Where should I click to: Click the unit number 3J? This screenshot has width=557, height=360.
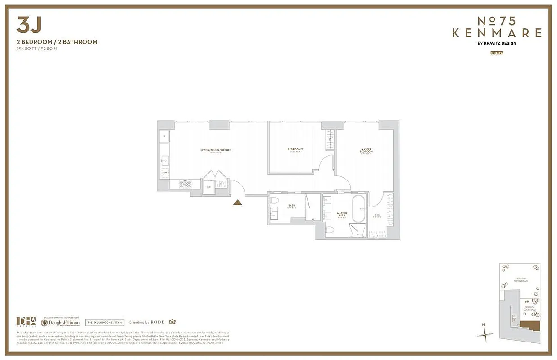[x=28, y=26]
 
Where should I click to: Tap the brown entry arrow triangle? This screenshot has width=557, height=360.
[x=238, y=202]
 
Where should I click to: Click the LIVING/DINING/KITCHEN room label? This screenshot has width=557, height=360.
[x=216, y=150]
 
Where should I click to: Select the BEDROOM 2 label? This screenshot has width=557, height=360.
[x=295, y=149]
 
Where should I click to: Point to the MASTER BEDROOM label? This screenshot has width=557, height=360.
[x=366, y=151]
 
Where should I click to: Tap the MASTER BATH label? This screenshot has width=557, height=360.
[x=342, y=215]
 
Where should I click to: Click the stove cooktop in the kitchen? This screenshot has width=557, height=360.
[x=185, y=183]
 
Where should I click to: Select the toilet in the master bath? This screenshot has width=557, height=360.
[x=330, y=230]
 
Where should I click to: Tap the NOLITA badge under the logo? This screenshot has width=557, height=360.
[x=497, y=53]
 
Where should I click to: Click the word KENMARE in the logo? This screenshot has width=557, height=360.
[x=497, y=33]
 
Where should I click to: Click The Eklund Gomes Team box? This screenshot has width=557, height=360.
[x=104, y=322]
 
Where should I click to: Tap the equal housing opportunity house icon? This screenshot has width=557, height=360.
[x=172, y=322]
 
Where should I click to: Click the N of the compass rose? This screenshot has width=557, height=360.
[x=483, y=324]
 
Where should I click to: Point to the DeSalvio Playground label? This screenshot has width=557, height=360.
[x=522, y=281]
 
